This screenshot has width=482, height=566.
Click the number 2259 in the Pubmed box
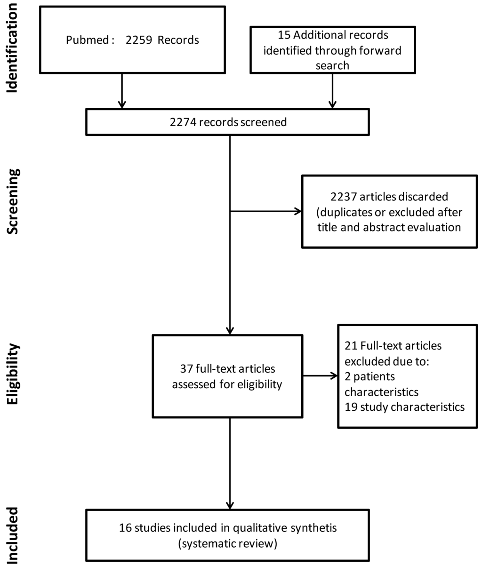coord(139,40)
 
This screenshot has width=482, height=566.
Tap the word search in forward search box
coord(332,65)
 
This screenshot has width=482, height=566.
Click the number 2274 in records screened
coord(183,122)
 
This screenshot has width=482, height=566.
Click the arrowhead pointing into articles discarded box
coord(298,211)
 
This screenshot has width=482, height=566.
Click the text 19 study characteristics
coord(404,407)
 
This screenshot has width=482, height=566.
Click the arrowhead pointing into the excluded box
coord(334,376)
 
